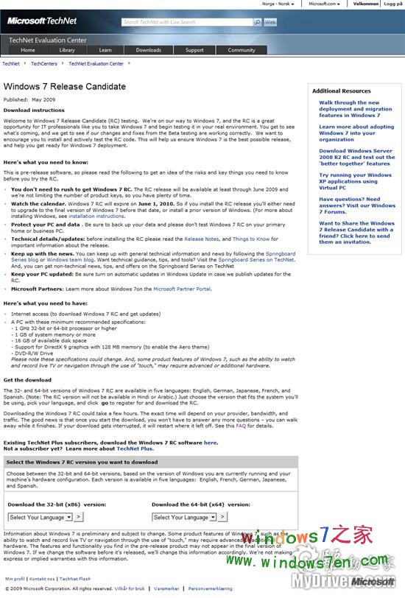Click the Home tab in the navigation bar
(x=28, y=50)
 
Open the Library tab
(x=67, y=50)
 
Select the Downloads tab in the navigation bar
(x=148, y=50)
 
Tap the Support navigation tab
(x=194, y=50)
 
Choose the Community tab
(x=242, y=50)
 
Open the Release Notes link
(x=201, y=239)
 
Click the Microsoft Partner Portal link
(x=182, y=289)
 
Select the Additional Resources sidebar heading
(x=341, y=91)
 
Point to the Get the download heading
(x=28, y=380)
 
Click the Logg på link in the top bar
(x=393, y=4)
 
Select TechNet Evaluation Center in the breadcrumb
(x=96, y=64)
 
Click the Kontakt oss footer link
(x=43, y=579)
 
